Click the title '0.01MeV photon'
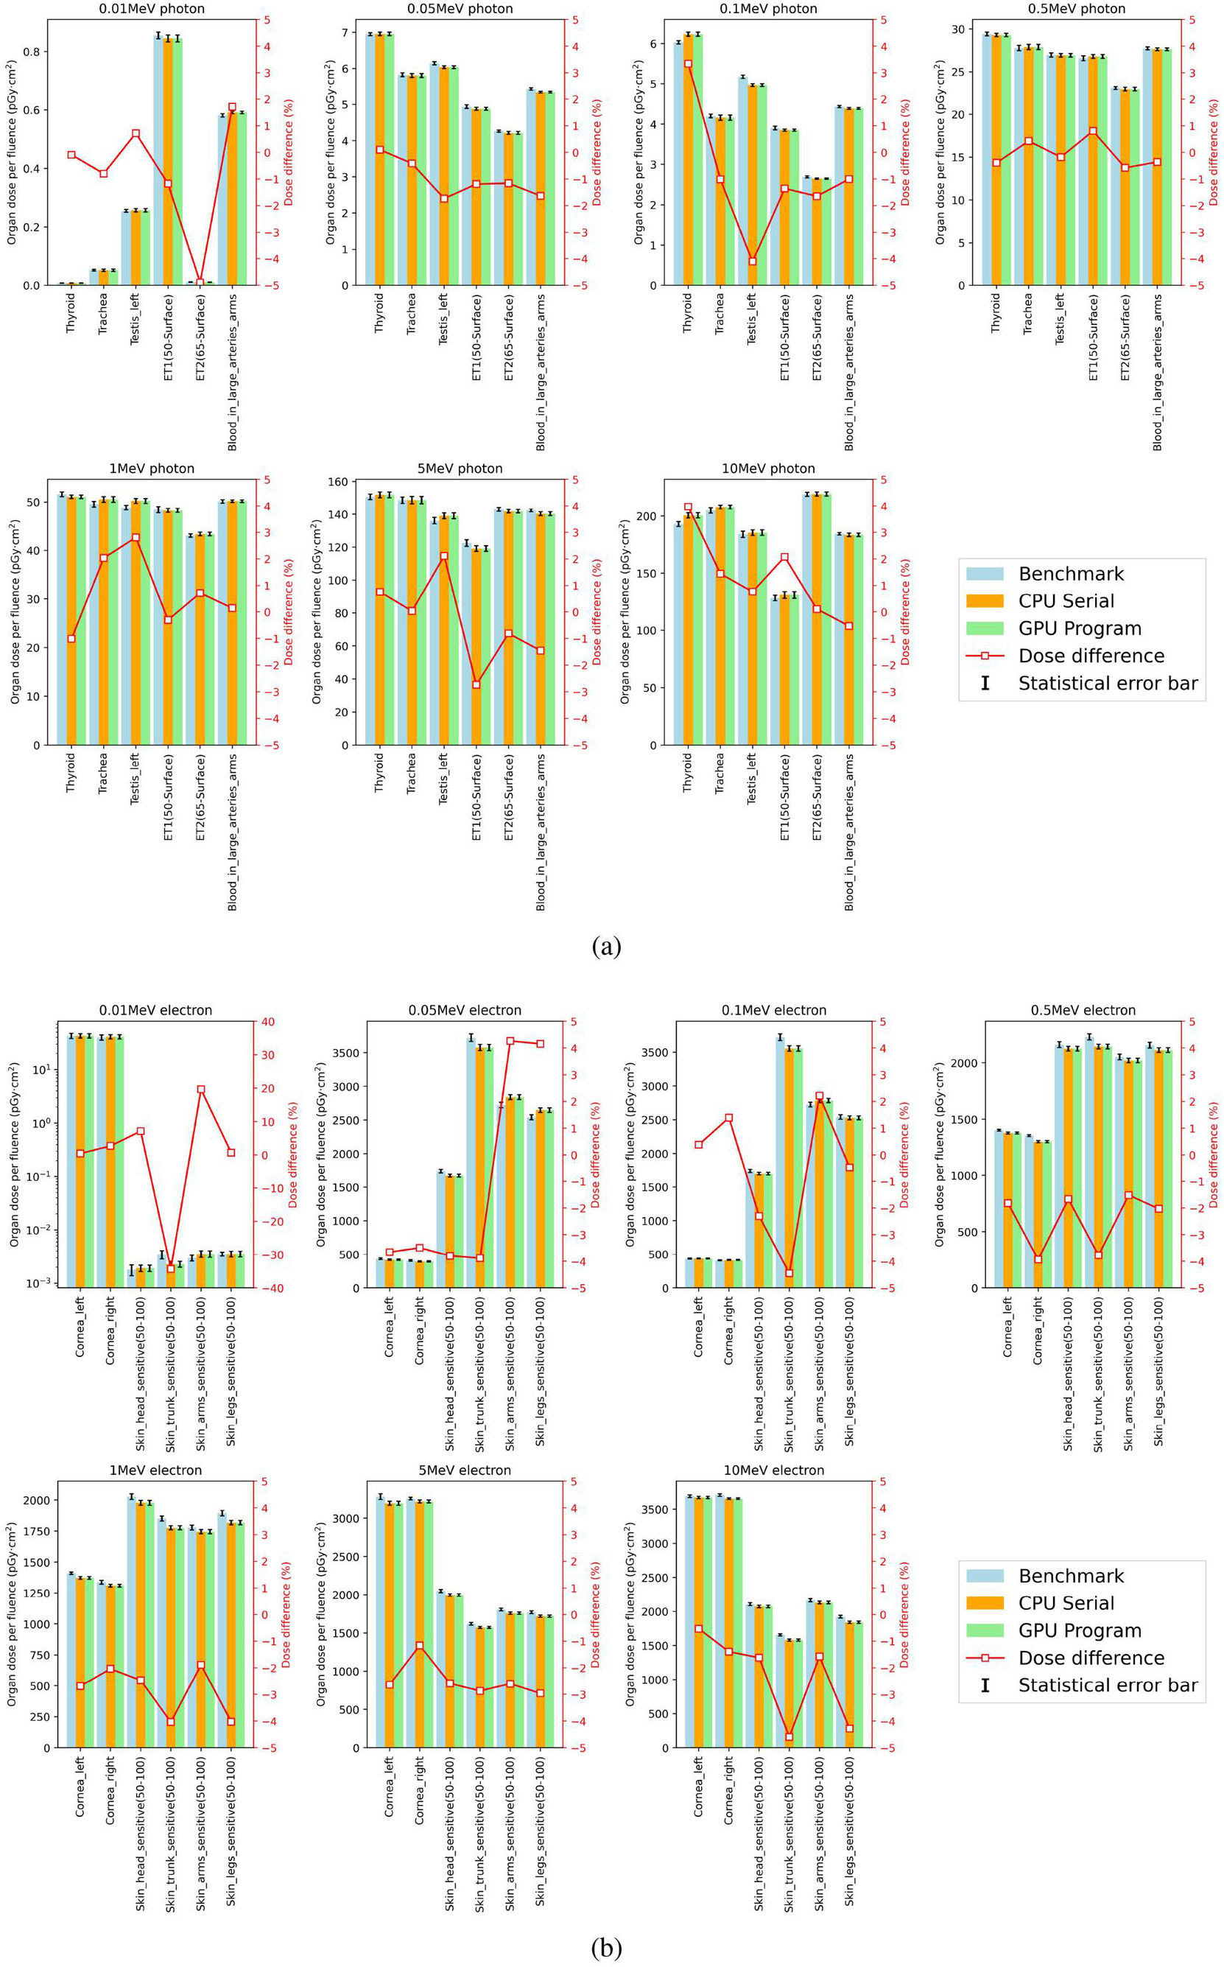click(152, 9)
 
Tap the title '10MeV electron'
click(774, 1470)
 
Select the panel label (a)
click(606, 946)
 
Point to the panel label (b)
click(606, 1948)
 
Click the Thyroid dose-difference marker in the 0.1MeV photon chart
click(688, 63)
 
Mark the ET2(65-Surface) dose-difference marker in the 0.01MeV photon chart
click(200, 283)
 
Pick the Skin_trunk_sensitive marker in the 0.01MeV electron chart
click(171, 1268)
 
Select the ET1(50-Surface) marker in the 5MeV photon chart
click(476, 684)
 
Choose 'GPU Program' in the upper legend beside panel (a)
click(1079, 628)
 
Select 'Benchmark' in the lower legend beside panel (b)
click(1070, 1576)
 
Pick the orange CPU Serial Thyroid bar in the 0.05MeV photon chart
click(380, 160)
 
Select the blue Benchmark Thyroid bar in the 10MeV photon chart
click(678, 634)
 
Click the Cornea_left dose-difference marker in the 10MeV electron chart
click(699, 1629)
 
